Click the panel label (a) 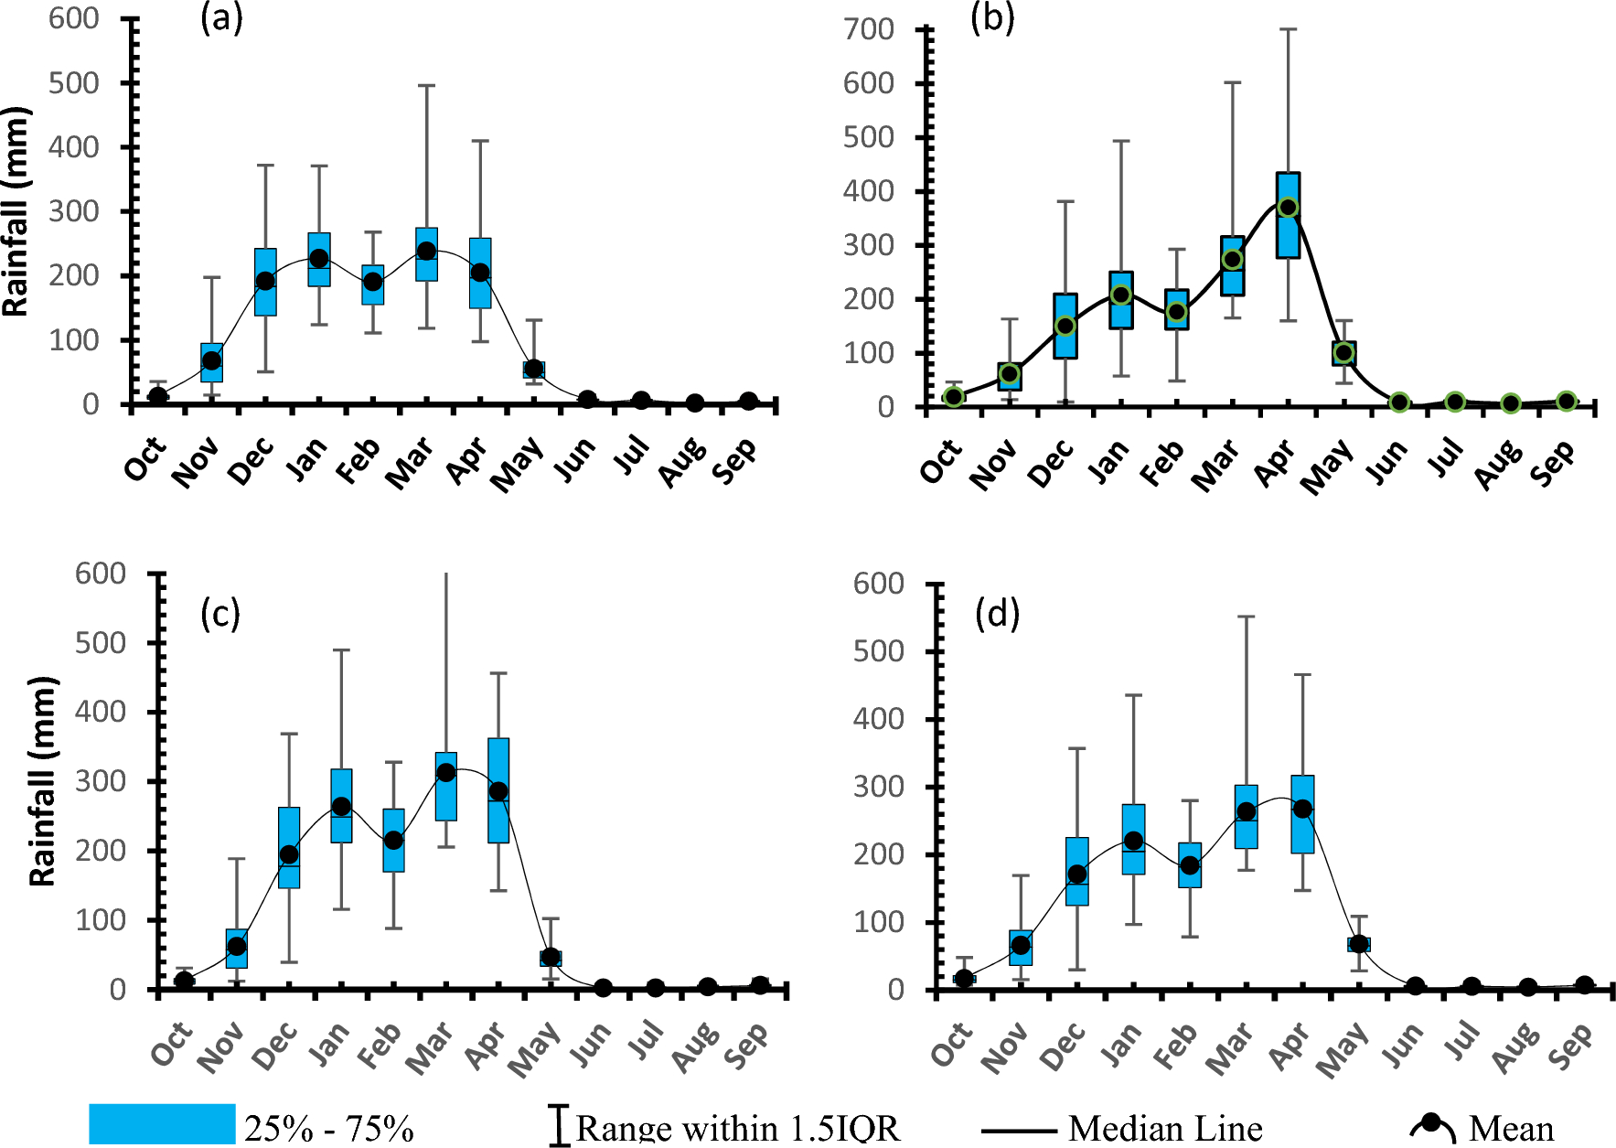tap(221, 17)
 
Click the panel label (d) tap(997, 613)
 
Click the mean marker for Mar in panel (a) tap(426, 251)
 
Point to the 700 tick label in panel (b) tap(868, 29)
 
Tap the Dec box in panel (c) tap(289, 847)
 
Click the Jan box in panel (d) tap(1133, 839)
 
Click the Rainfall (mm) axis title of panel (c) tap(42, 782)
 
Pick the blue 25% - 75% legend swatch tap(162, 1123)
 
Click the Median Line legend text tap(1164, 1129)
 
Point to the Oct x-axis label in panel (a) tap(145, 459)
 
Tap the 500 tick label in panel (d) tap(878, 651)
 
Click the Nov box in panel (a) tap(212, 362)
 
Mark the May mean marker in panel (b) tap(1343, 353)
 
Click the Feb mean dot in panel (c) tap(393, 840)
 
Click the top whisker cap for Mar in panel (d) tap(1246, 617)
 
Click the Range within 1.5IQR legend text tap(737, 1129)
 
